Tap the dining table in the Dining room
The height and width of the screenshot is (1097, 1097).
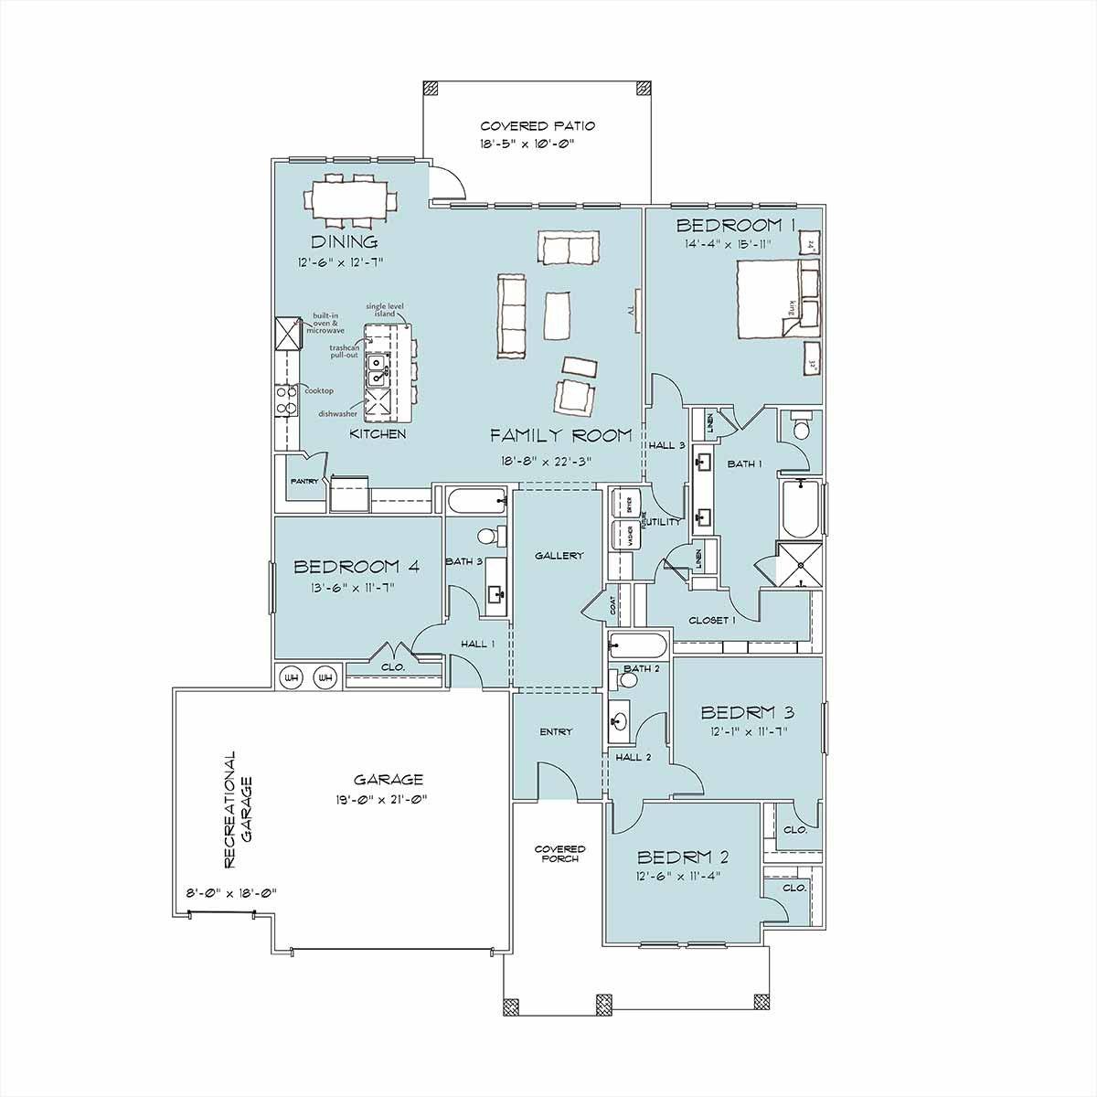tap(351, 198)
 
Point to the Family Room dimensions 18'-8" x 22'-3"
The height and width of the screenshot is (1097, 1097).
tap(547, 461)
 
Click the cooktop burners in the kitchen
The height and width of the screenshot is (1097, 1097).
tap(285, 400)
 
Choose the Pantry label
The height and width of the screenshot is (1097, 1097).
tap(304, 481)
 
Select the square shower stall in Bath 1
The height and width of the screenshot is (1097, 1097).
tap(798, 563)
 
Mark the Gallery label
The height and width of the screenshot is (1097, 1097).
tap(559, 556)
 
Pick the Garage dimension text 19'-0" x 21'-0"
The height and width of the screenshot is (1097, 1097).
tap(389, 799)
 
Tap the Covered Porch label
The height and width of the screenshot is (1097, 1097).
tap(559, 854)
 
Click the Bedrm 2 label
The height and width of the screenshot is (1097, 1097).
tap(682, 857)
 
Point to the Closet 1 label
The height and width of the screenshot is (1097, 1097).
tap(712, 621)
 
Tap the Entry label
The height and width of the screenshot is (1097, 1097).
tap(556, 731)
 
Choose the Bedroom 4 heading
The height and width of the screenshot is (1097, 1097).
tap(357, 567)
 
